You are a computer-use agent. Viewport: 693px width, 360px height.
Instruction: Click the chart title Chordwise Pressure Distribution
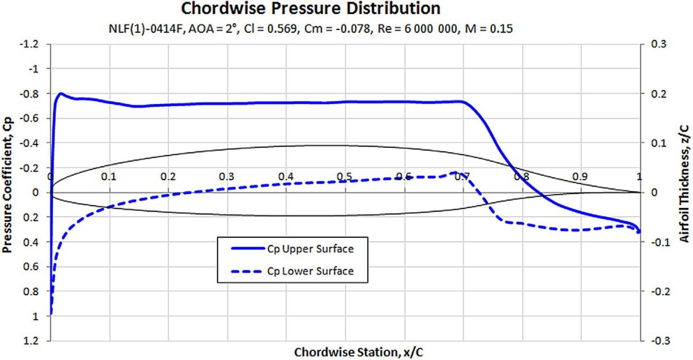pos(311,9)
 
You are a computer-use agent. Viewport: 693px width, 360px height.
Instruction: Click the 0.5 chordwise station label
pos(345,176)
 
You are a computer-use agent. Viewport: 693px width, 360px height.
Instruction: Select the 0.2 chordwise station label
pos(168,176)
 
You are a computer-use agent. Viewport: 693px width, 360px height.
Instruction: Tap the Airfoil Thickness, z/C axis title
pos(684,192)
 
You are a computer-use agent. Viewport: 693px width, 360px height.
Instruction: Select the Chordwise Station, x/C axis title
pos(345,351)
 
